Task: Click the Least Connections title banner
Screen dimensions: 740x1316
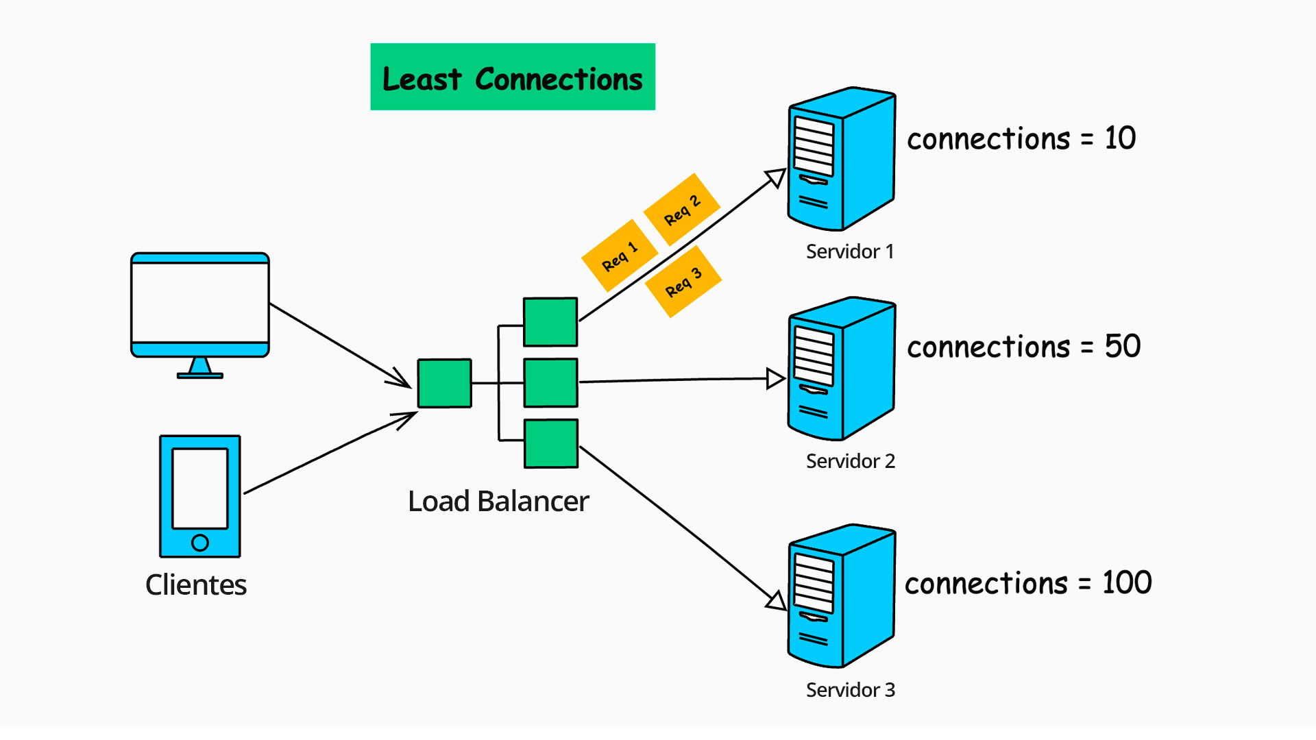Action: pyautogui.click(x=512, y=77)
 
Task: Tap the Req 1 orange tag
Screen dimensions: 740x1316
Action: pyautogui.click(x=619, y=256)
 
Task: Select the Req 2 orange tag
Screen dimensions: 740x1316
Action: pyautogui.click(x=682, y=209)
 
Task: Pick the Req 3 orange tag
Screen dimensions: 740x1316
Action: pyautogui.click(x=683, y=282)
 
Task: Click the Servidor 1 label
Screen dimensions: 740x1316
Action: pyautogui.click(x=850, y=251)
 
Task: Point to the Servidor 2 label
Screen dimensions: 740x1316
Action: pyautogui.click(x=851, y=461)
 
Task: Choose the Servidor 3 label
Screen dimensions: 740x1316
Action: pyautogui.click(x=851, y=690)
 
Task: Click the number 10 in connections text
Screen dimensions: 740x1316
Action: pyautogui.click(x=1120, y=138)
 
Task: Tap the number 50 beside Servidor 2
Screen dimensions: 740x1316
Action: pyautogui.click(x=1122, y=346)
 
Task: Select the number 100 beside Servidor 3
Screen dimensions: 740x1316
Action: pyautogui.click(x=1127, y=583)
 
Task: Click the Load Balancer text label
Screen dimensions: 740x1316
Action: pyautogui.click(x=498, y=501)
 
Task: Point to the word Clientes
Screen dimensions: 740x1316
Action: pyautogui.click(x=196, y=584)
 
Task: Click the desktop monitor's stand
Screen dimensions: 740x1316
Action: pyautogui.click(x=200, y=368)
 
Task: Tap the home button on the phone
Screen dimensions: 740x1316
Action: pyautogui.click(x=200, y=543)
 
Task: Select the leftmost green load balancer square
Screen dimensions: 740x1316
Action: pyautogui.click(x=444, y=383)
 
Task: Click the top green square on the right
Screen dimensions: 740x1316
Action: pyautogui.click(x=550, y=322)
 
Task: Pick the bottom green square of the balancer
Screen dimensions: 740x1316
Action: pyautogui.click(x=551, y=443)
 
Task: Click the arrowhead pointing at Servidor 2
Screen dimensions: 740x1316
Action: pyautogui.click(x=775, y=378)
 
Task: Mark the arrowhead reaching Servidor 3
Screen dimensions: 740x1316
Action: pyautogui.click(x=777, y=601)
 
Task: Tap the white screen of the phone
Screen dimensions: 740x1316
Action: pyautogui.click(x=199, y=488)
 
